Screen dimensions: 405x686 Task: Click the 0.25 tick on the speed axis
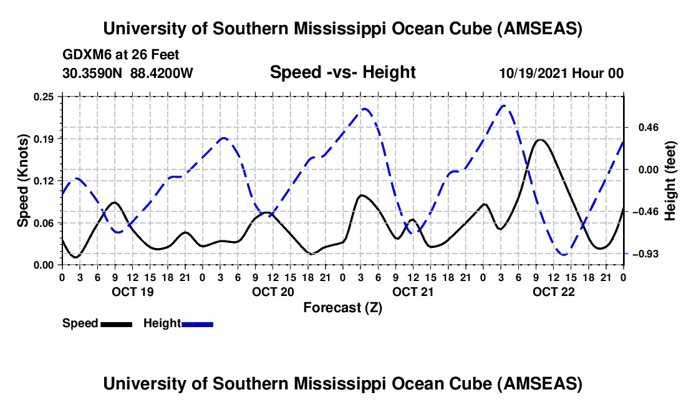pyautogui.click(x=46, y=97)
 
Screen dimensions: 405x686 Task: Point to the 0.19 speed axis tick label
pyautogui.click(x=46, y=138)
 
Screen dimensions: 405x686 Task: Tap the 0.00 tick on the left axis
pyautogui.click(x=46, y=265)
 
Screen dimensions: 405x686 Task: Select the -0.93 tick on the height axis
pyautogui.click(x=642, y=254)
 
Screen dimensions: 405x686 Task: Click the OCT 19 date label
pyautogui.click(x=132, y=292)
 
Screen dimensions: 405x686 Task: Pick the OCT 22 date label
pyautogui.click(x=553, y=292)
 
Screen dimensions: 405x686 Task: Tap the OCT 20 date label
pyautogui.click(x=272, y=292)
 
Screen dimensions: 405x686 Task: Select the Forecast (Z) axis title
pyautogui.click(x=342, y=307)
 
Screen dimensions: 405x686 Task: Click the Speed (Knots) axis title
pyautogui.click(x=22, y=181)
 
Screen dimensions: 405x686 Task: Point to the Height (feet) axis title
pyautogui.click(x=671, y=181)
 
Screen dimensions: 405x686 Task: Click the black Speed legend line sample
pyautogui.click(x=115, y=324)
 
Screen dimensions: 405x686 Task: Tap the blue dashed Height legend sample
pyautogui.click(x=197, y=324)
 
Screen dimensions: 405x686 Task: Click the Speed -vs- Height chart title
pyautogui.click(x=342, y=73)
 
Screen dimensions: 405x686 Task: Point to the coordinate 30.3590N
pyautogui.click(x=93, y=74)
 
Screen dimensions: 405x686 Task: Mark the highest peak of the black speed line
pyautogui.click(x=541, y=140)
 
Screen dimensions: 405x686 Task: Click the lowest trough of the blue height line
pyautogui.click(x=564, y=254)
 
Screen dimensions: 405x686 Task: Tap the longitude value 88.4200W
pyautogui.click(x=162, y=74)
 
